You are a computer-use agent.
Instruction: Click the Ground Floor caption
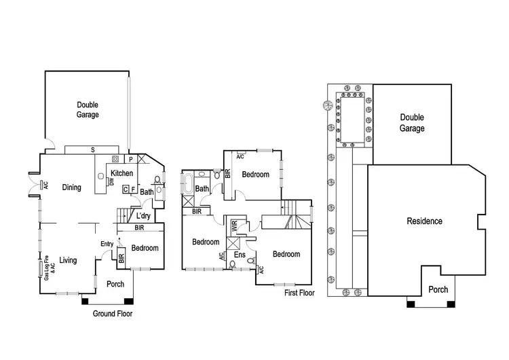pos(113,314)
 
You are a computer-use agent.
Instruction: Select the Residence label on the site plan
pos(424,221)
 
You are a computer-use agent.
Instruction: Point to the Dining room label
pos(72,187)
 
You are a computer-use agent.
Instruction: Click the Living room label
pos(68,260)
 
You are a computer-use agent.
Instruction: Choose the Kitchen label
pos(122,174)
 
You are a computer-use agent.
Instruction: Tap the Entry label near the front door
pos(107,245)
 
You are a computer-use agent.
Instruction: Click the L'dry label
pos(143,217)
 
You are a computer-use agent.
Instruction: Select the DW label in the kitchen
pos(111,182)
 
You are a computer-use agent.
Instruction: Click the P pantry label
pos(130,160)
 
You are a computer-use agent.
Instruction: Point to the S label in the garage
pos(92,149)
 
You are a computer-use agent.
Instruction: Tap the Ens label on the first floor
pos(239,255)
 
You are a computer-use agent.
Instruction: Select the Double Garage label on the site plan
pos(412,123)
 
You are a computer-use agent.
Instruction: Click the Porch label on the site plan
pos(438,290)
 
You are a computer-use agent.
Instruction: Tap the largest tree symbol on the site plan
pos(327,106)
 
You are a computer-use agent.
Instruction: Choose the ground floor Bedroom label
pos(145,248)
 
